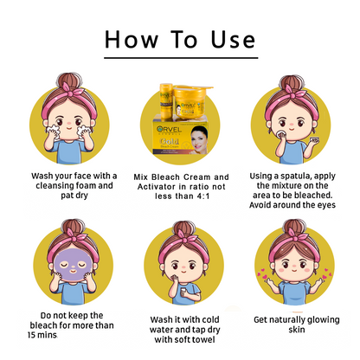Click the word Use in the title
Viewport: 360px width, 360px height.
[233, 39]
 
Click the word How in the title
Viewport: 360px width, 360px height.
[132, 39]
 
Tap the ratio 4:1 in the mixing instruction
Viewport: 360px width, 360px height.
[203, 196]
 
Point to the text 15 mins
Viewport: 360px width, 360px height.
[42, 335]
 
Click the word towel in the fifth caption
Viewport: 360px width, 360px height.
[203, 339]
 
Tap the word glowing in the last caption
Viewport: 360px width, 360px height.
[323, 320]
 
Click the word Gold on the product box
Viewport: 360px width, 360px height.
[170, 141]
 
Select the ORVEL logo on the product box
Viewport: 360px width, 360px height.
[170, 129]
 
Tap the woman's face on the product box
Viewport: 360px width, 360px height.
[198, 138]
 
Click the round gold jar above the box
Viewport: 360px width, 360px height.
[190, 102]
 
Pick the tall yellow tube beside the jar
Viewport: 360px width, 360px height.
[166, 102]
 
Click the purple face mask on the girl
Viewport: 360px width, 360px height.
[73, 266]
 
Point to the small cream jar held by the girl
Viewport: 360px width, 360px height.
[314, 140]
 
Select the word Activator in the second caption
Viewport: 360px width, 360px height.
[157, 187]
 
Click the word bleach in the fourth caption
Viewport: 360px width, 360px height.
[43, 325]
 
